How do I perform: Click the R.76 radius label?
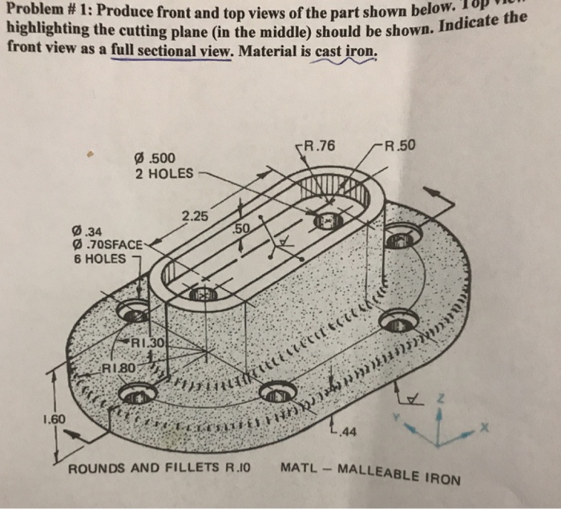coord(319,147)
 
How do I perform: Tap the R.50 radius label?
coord(401,145)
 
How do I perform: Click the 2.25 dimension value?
coord(195,217)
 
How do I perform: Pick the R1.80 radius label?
coord(119,369)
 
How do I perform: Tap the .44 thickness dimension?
coord(346,434)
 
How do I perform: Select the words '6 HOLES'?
coord(99,258)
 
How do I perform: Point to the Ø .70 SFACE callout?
coord(110,245)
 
